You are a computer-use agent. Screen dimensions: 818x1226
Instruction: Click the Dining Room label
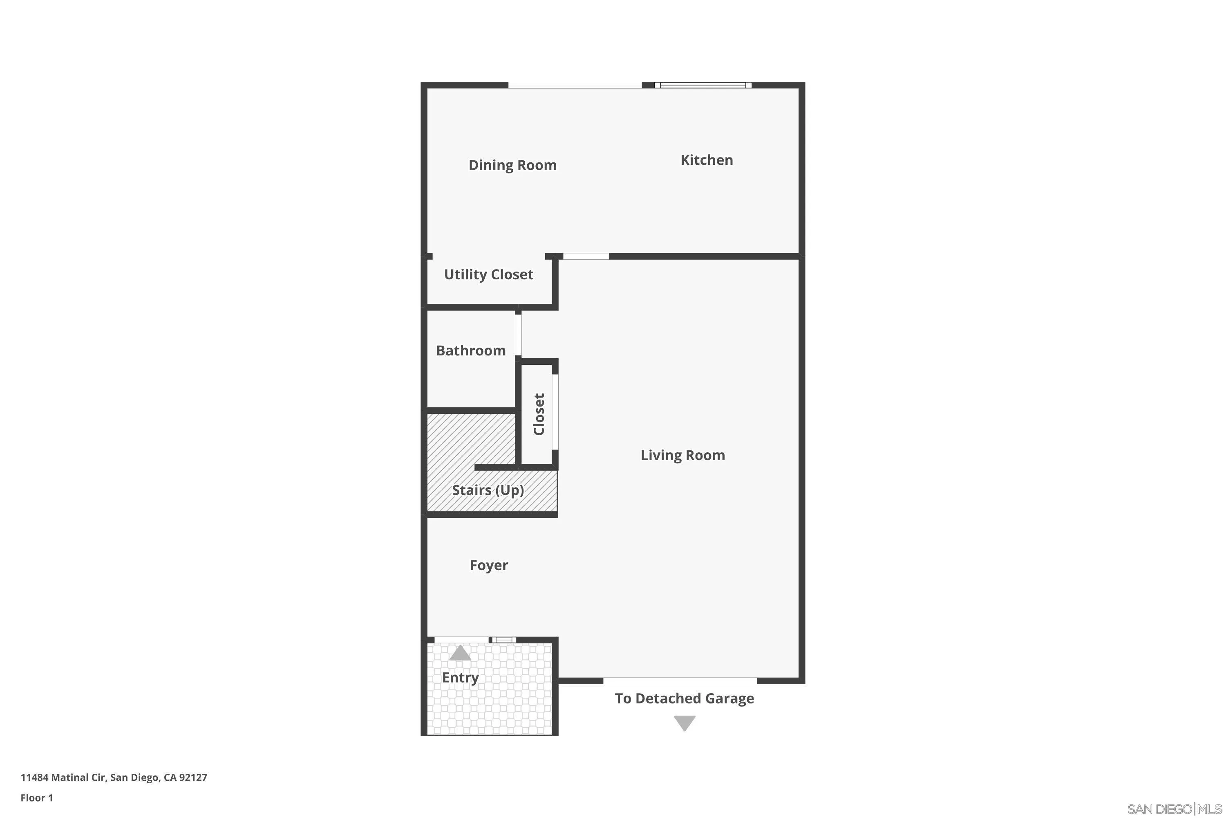tap(512, 165)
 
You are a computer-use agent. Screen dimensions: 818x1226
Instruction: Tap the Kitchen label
tap(706, 160)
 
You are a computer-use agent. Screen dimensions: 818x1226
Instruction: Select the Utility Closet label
tap(488, 274)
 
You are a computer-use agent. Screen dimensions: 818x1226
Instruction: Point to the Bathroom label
tap(471, 351)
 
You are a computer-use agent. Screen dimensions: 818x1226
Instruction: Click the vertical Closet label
tap(539, 414)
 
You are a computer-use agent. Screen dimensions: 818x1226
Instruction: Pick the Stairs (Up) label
tap(488, 490)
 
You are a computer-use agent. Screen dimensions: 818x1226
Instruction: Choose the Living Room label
tap(682, 456)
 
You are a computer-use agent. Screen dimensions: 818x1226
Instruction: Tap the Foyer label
tap(488, 566)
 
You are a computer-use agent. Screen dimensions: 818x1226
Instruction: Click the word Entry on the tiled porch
tap(460, 678)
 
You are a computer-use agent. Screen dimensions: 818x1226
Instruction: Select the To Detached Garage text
tap(684, 699)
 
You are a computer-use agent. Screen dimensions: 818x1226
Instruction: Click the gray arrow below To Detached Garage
tap(685, 723)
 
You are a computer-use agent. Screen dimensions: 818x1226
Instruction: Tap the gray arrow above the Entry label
tap(460, 653)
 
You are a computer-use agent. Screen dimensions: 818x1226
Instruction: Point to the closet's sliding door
tap(555, 412)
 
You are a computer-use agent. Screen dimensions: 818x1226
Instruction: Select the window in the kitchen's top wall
tap(702, 85)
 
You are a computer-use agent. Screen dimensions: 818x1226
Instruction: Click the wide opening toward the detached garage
tap(680, 681)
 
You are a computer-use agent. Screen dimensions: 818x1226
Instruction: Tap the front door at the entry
tap(461, 640)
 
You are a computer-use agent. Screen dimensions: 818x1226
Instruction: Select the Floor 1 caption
tap(36, 798)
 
